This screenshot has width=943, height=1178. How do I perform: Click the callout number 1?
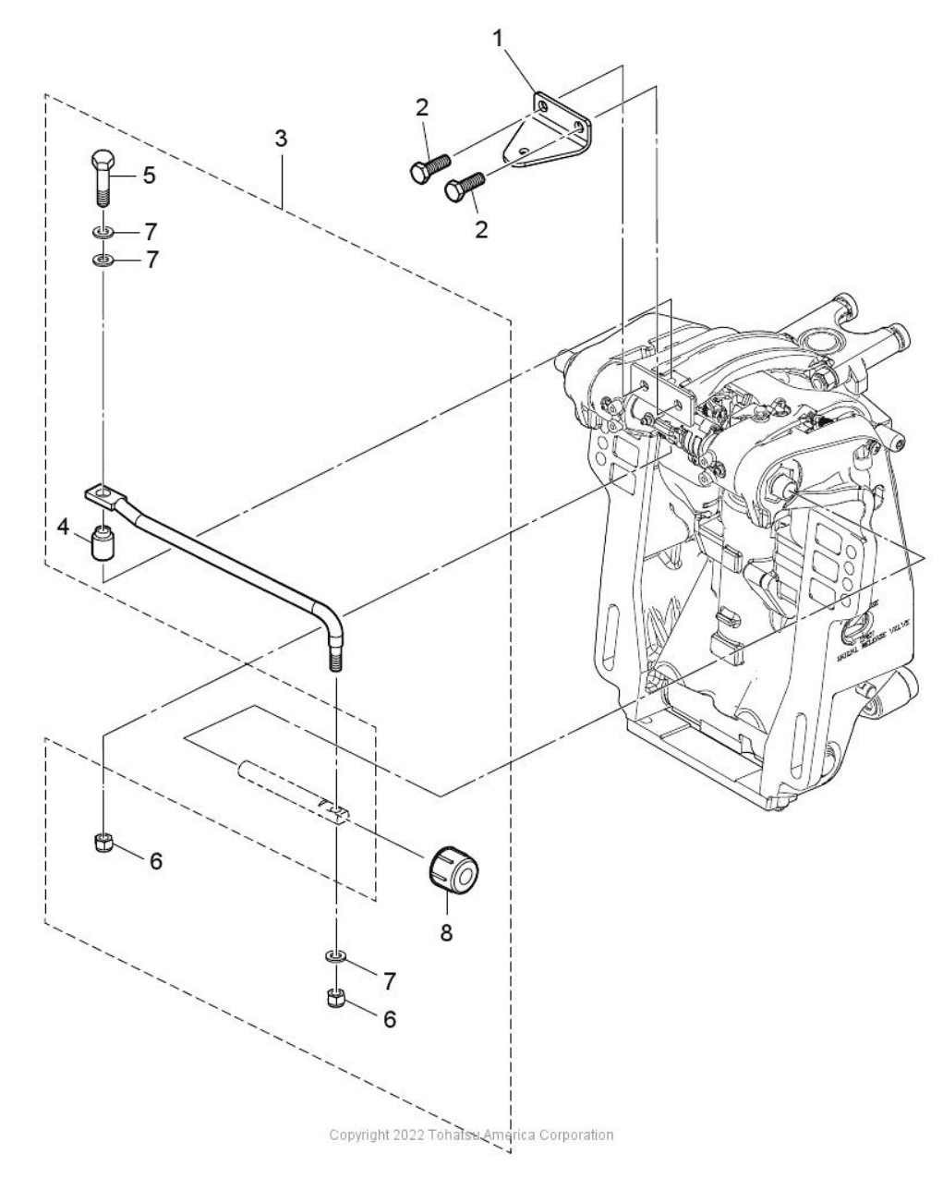click(x=498, y=39)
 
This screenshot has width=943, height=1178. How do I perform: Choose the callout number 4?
click(x=63, y=528)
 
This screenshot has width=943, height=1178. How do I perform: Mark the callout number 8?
click(x=446, y=932)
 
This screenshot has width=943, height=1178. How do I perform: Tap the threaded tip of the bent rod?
click(x=334, y=662)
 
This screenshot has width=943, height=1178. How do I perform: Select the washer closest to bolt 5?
click(x=103, y=228)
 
